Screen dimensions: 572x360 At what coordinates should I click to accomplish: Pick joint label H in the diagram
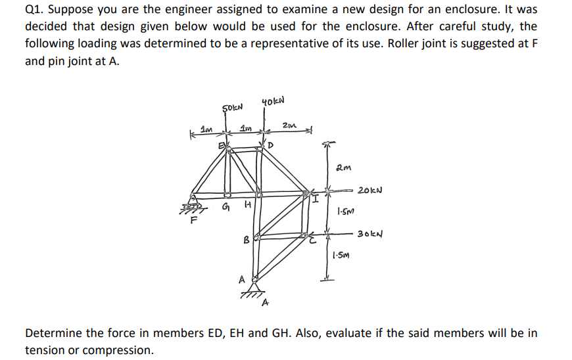click(247, 208)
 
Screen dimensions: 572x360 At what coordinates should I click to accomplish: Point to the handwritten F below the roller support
click(194, 221)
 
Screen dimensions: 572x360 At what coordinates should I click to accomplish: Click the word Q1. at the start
click(36, 11)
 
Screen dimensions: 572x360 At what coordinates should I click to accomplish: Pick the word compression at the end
click(123, 350)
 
